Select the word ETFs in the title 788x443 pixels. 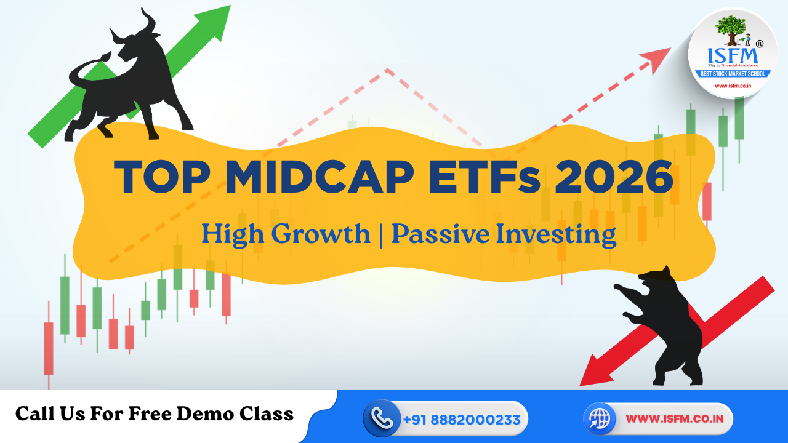(480, 177)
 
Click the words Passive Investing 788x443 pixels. (504, 234)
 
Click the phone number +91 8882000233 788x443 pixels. (462, 420)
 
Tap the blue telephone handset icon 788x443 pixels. (382, 419)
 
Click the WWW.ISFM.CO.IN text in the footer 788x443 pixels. (670, 419)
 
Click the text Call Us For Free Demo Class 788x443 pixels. (155, 414)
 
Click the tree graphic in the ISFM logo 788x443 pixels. (731, 31)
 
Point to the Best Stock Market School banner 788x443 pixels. (732, 74)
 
